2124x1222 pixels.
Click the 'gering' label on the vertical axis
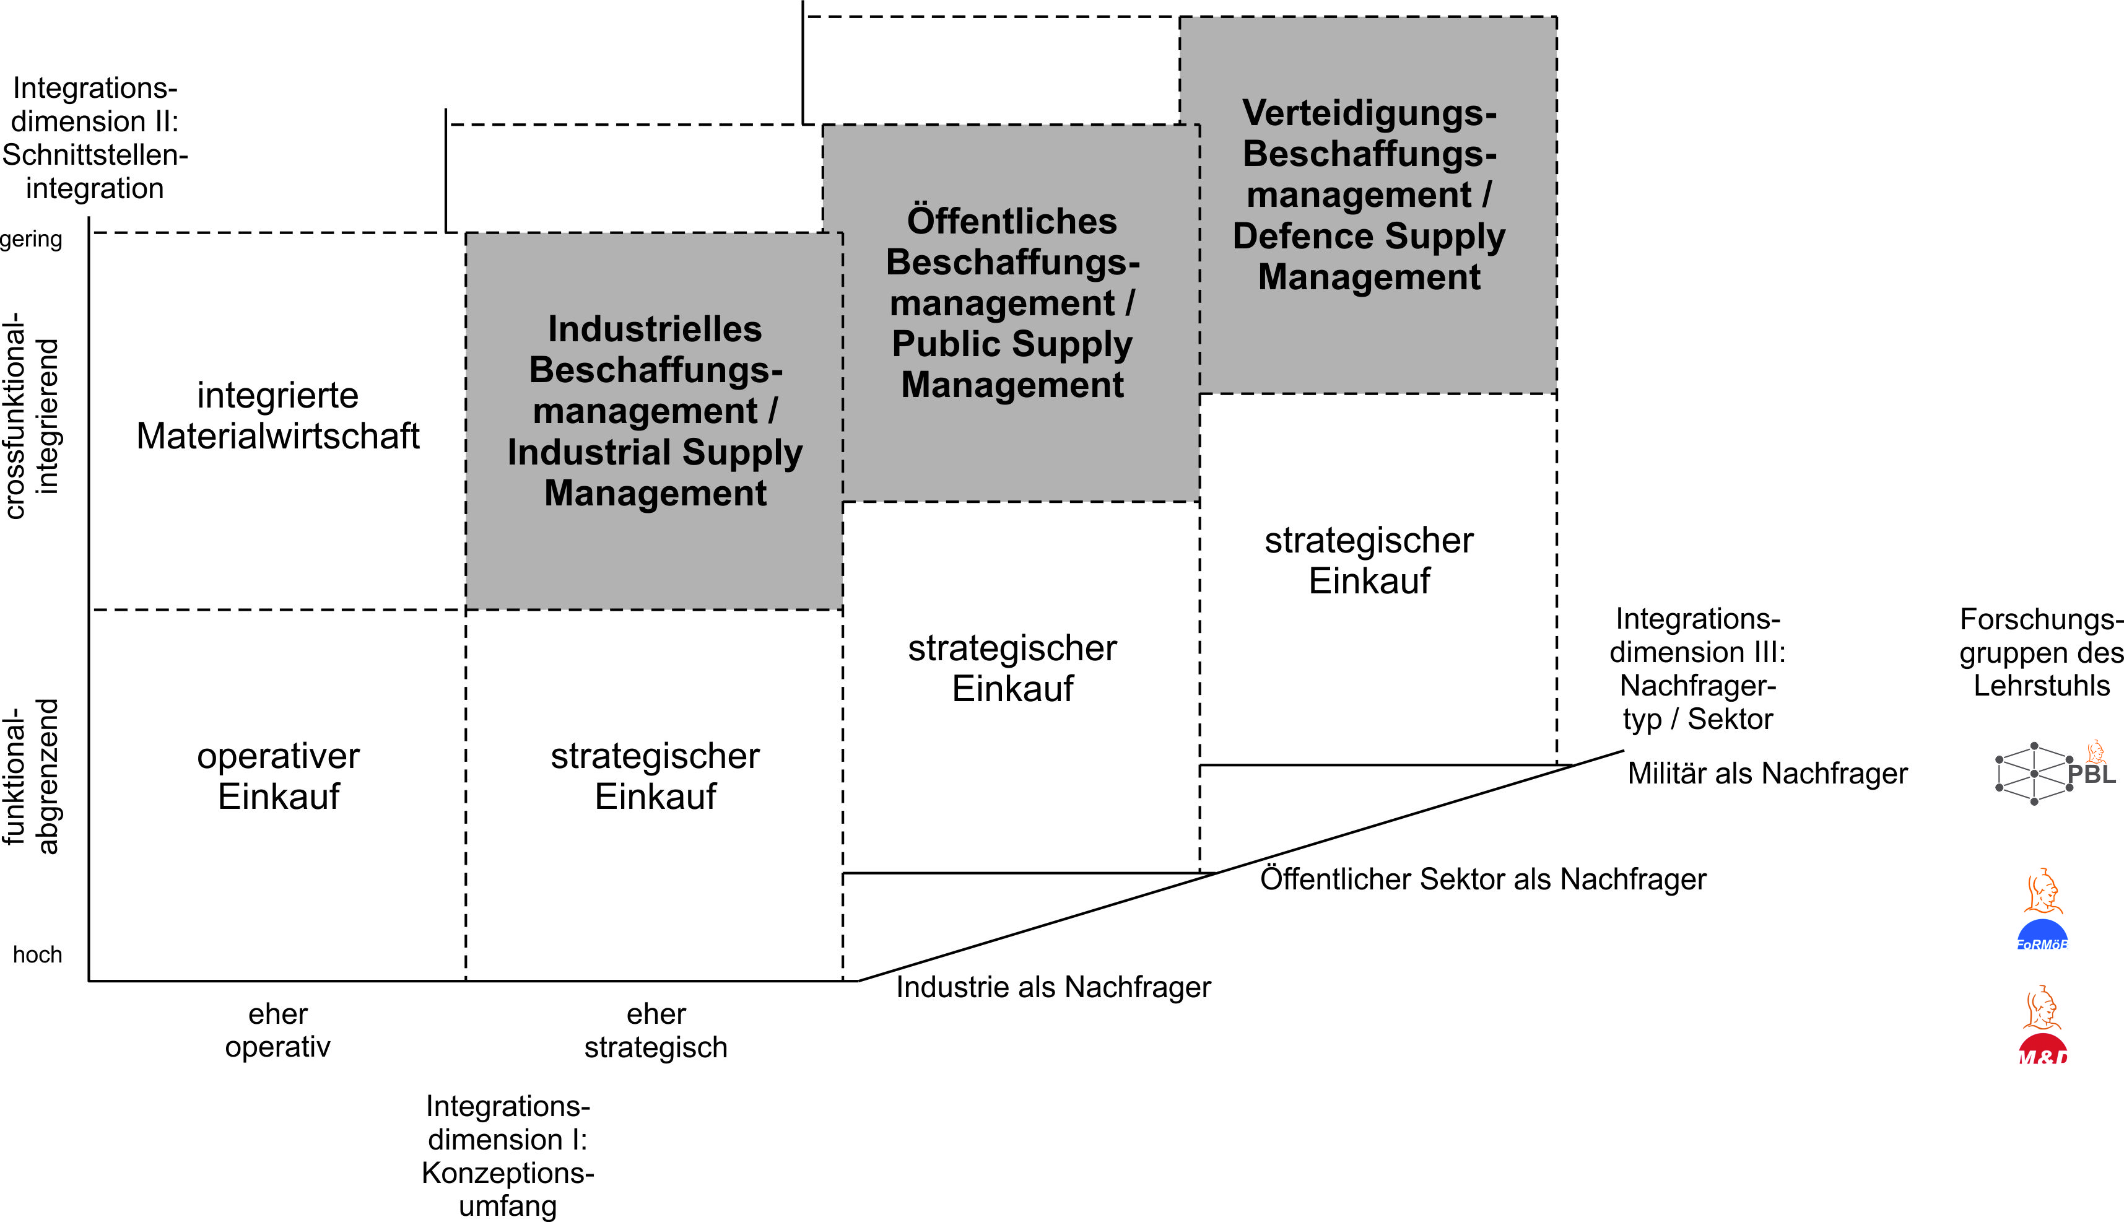(31, 239)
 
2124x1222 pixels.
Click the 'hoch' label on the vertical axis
(38, 954)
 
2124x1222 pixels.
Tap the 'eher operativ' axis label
(277, 1031)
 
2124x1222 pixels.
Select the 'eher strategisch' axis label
(656, 1031)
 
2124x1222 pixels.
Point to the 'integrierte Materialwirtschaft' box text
(277, 416)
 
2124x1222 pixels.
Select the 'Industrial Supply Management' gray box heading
(655, 411)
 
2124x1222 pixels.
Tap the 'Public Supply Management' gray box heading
(1012, 302)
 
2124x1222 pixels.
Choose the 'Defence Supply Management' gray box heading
(1369, 194)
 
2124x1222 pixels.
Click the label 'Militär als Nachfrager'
(1767, 773)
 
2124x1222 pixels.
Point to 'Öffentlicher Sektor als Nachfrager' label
(1482, 879)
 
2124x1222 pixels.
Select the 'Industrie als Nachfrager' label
(1053, 987)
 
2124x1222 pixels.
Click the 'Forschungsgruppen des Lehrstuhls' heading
(2041, 652)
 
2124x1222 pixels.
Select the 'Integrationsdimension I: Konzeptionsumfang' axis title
(508, 1156)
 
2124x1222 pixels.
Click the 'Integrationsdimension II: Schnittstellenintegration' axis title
(94, 137)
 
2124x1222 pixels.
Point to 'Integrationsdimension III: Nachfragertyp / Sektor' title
(1697, 669)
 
